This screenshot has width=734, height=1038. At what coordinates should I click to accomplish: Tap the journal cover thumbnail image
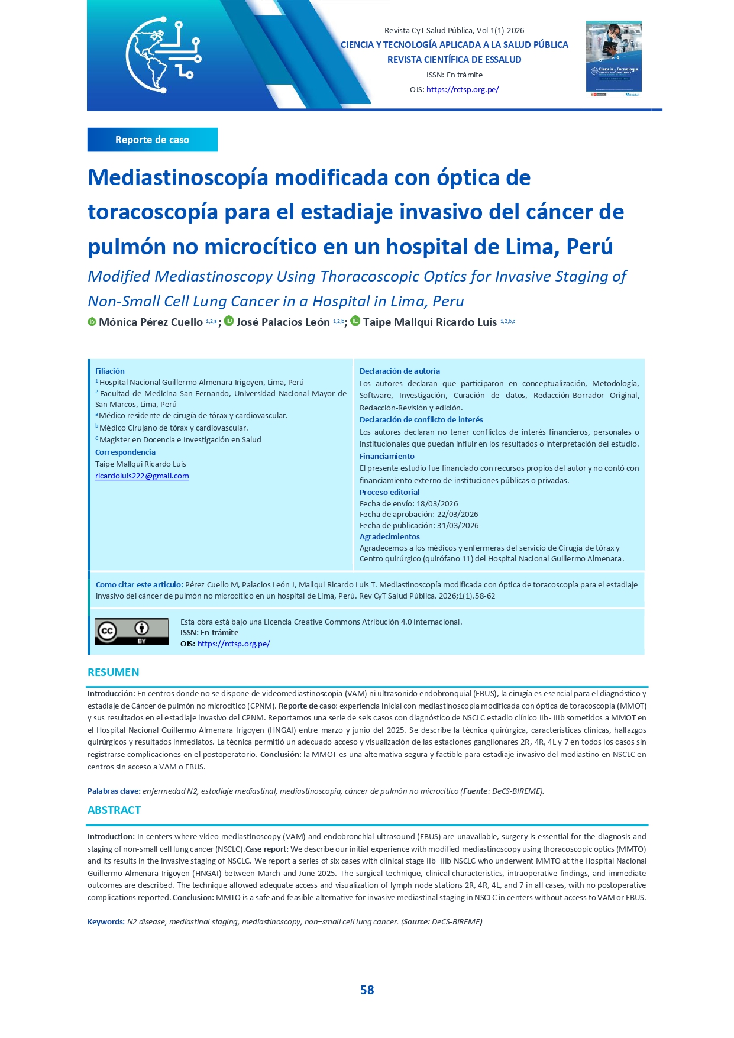coord(613,58)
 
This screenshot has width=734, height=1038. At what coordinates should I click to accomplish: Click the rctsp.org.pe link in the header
coord(463,90)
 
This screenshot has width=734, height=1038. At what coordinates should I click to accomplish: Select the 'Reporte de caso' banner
coord(152,140)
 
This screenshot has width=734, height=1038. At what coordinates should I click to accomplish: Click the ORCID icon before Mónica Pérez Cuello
coord(92,322)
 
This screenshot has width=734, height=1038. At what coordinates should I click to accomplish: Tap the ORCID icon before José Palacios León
coord(229,321)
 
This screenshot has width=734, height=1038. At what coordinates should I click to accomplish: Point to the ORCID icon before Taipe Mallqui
coord(355,321)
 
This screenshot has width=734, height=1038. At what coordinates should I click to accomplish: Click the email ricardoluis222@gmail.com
coord(142,476)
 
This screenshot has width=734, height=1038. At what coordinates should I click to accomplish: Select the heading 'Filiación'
coord(110,371)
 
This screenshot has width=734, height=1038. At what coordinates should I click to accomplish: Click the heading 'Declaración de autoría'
coord(400,371)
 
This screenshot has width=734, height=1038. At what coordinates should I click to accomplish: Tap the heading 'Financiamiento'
coord(387,457)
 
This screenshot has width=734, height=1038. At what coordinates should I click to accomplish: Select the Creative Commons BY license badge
coord(132,632)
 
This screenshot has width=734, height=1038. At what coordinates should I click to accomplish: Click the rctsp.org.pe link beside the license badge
coord(234,644)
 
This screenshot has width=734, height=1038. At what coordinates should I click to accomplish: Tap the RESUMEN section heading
coord(114,672)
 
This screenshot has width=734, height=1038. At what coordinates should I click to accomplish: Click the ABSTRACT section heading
coord(114,810)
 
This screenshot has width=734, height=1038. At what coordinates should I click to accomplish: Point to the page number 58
coord(367,990)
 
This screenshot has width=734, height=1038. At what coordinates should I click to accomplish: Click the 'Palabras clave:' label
coord(114,791)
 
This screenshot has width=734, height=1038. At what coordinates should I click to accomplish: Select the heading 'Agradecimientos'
coord(390,537)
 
